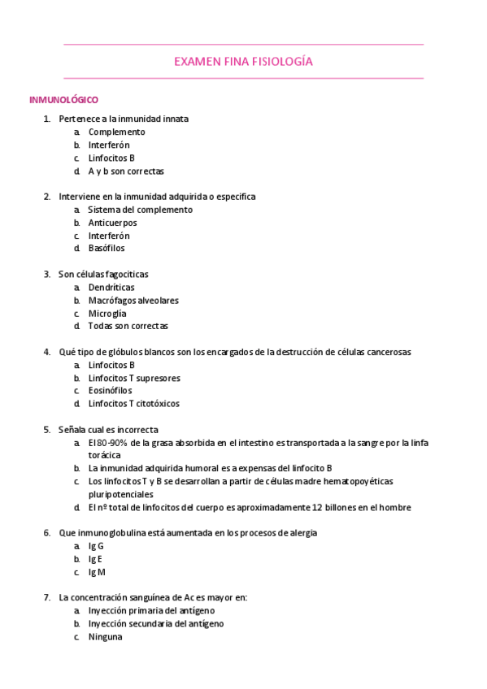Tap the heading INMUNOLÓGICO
63,100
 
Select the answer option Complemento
116,132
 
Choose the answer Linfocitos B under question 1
111,158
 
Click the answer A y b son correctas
126,171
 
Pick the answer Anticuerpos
112,222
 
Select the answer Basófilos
107,248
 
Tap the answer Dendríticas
111,287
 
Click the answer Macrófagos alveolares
133,300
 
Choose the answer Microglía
107,313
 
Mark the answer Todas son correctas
128,326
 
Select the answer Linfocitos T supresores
134,378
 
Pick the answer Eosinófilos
110,391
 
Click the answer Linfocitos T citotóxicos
134,404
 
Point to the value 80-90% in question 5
113,443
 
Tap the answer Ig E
96,559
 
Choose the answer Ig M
97,572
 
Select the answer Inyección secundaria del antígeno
156,624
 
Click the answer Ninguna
105,637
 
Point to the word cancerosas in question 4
389,352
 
